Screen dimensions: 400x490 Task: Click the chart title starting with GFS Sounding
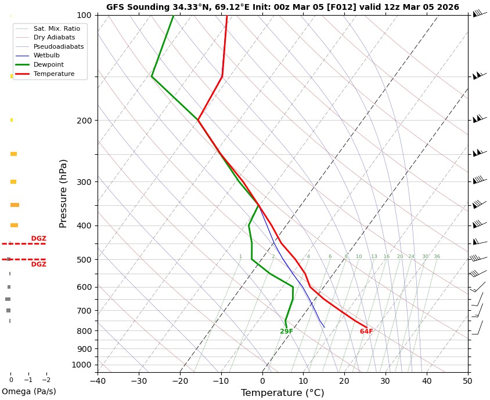click(282, 8)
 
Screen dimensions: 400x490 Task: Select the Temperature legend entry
click(54, 74)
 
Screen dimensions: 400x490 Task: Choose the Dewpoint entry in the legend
click(49, 65)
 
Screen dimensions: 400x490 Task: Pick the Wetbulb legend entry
click(46, 56)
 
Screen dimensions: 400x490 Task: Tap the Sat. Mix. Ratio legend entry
click(57, 28)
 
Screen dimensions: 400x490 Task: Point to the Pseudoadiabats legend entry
click(59, 46)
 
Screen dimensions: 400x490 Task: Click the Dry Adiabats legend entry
click(54, 38)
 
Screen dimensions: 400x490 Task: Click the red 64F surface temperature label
click(366, 332)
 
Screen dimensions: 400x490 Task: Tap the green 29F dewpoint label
click(286, 332)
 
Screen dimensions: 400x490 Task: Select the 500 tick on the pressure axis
click(84, 260)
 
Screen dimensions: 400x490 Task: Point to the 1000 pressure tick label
click(82, 365)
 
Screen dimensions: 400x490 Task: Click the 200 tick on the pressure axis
click(84, 121)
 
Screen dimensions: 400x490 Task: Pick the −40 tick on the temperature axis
click(98, 381)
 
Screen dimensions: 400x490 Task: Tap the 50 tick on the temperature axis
click(468, 381)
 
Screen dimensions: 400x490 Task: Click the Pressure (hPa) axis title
click(64, 193)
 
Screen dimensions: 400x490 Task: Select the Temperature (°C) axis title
click(282, 393)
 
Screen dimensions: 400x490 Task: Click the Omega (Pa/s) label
click(28, 392)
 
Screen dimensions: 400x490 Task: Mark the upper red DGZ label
click(39, 239)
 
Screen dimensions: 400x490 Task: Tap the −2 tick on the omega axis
click(46, 380)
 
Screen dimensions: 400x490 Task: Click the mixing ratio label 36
click(437, 257)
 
